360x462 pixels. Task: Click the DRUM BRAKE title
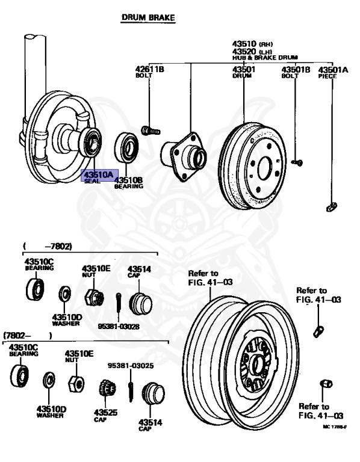pyautogui.click(x=148, y=19)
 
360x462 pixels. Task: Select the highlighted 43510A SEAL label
pyautogui.click(x=97, y=176)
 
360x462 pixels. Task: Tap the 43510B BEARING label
pyautogui.click(x=128, y=182)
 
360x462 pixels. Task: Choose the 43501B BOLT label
pyautogui.click(x=296, y=73)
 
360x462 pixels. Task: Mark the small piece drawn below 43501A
pyautogui.click(x=330, y=208)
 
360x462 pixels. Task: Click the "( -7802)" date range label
pyautogui.click(x=48, y=247)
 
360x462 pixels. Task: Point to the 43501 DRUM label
pyautogui.click(x=244, y=73)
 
